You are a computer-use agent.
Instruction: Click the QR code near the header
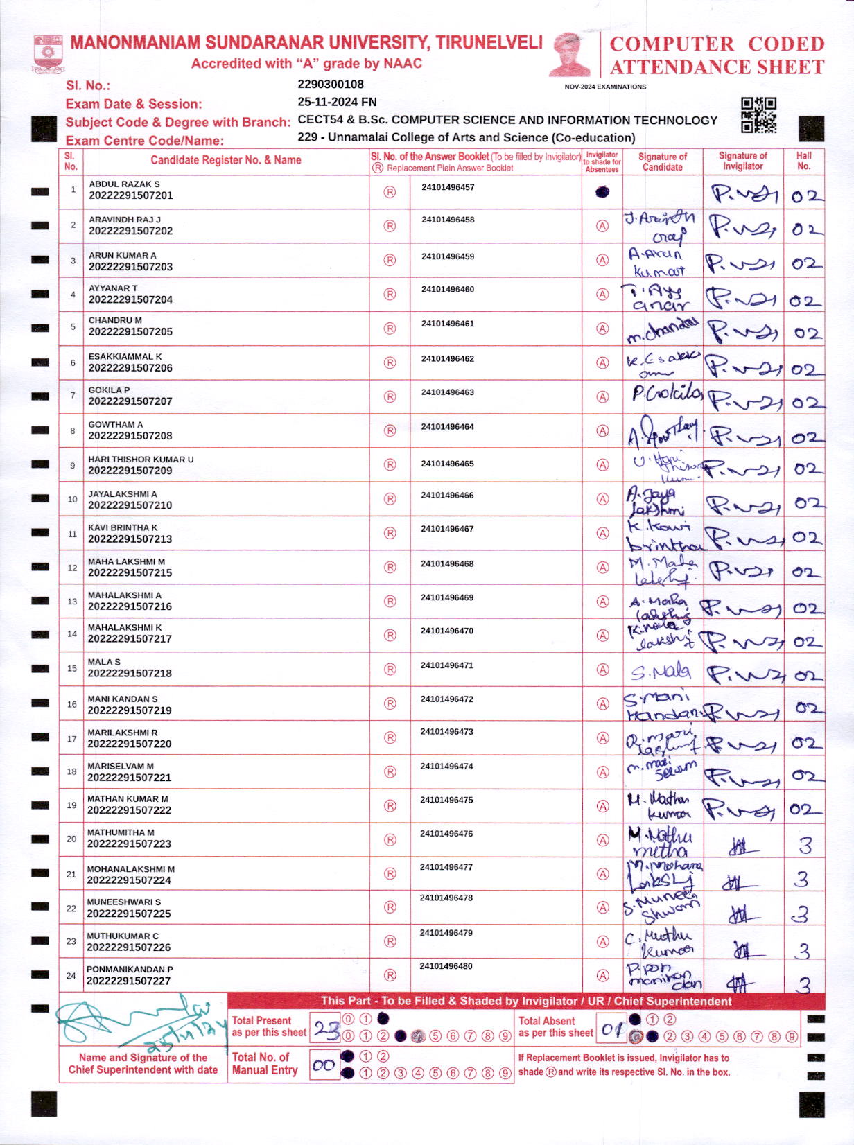[x=758, y=115]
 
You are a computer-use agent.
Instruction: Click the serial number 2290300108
[x=331, y=85]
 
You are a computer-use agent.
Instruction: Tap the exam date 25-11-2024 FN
[x=337, y=102]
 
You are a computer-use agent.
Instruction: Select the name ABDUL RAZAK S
[x=124, y=184]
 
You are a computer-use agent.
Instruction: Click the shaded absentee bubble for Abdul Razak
[x=602, y=192]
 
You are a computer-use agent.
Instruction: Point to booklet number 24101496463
[x=447, y=392]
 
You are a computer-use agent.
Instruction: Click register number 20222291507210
[x=130, y=505]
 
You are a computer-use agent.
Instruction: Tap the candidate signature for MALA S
[x=661, y=671]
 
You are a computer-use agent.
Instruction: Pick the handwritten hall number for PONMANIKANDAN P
[x=803, y=985]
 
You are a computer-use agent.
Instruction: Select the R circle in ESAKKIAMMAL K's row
[x=390, y=362]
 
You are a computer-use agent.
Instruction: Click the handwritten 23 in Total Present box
[x=326, y=1031]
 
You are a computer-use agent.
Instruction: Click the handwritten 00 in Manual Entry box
[x=324, y=1066]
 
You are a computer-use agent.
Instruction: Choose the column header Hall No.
[x=803, y=161]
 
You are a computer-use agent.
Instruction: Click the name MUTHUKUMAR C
[x=123, y=936]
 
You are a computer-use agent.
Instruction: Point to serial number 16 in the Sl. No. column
[x=72, y=704]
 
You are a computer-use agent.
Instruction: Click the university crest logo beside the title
[x=48, y=55]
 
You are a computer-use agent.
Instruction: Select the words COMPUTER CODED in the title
[x=717, y=44]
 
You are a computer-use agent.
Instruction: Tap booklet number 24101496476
[x=446, y=834]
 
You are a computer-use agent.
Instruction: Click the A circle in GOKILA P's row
[x=602, y=397]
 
